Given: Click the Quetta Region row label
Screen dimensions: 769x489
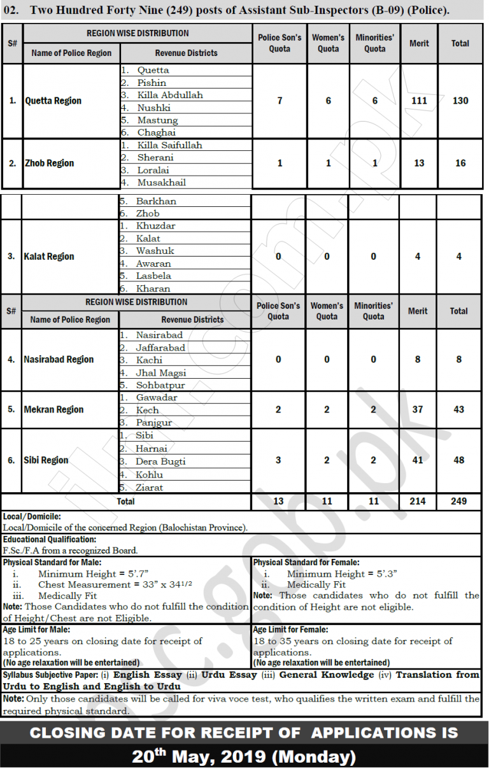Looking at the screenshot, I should tap(53, 101).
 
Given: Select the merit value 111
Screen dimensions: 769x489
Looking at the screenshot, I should tap(419, 101).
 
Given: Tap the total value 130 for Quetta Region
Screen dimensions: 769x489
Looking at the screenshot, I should tap(460, 101).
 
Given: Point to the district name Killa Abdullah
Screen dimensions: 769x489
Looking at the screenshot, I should tap(170, 95).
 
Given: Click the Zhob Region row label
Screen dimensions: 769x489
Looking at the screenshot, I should tap(50, 163).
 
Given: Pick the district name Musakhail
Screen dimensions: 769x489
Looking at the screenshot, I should tap(162, 182).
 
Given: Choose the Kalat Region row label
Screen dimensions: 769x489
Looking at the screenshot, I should tap(50, 257).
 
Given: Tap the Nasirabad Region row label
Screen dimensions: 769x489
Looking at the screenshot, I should tap(59, 359).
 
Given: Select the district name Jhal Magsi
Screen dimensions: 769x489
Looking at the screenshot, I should tap(160, 372).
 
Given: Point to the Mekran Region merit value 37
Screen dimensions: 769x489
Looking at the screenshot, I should tap(418, 409).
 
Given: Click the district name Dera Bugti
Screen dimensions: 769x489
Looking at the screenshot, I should tap(160, 462).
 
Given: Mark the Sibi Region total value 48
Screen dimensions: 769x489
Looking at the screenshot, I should tap(459, 460).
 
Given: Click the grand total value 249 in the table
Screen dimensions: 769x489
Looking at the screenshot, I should tap(459, 501).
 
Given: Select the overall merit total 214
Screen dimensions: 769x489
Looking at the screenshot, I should tap(418, 501).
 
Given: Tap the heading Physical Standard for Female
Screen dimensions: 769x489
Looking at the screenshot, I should tap(306, 563).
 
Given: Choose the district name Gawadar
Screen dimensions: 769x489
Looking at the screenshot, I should tap(157, 397).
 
